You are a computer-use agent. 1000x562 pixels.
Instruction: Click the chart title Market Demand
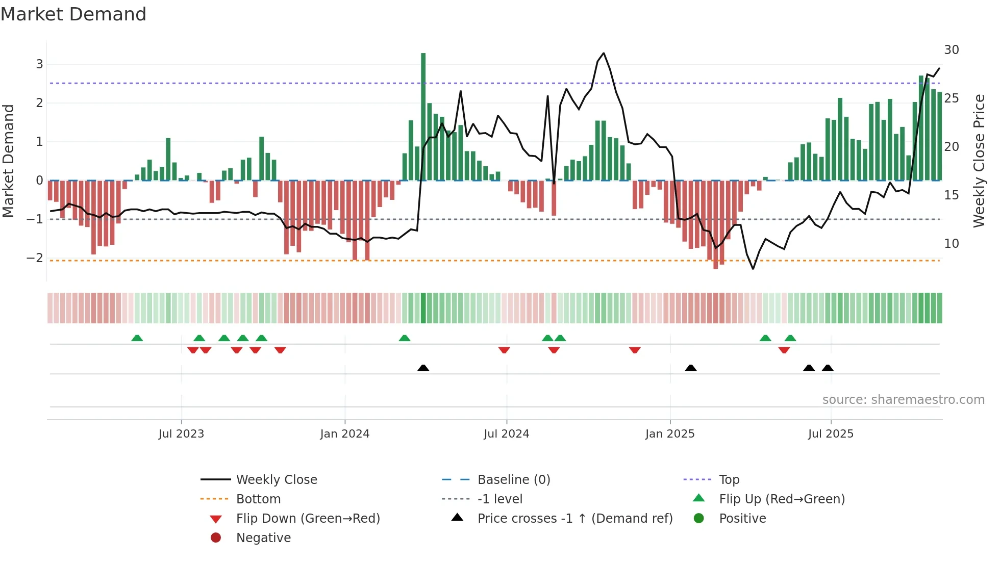point(73,14)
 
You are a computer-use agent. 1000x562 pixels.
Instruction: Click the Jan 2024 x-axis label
point(344,434)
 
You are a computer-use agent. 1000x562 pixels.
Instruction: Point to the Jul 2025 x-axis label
point(830,434)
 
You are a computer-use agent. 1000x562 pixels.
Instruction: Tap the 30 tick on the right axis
point(951,50)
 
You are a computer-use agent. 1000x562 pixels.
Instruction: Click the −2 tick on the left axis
point(35,258)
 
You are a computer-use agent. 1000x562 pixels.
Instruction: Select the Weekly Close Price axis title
point(979,161)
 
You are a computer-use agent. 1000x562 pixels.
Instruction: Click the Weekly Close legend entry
point(276,480)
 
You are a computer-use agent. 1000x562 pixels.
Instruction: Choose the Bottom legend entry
point(258,499)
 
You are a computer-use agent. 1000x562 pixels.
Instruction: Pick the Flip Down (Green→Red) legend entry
point(308,519)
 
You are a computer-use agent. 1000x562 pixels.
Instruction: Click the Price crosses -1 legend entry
point(574,519)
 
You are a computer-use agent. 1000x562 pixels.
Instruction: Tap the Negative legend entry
point(263,538)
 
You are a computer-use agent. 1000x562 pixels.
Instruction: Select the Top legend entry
point(729,480)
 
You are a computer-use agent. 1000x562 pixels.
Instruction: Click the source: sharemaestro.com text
point(903,400)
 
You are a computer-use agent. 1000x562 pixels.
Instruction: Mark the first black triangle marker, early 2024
point(423,368)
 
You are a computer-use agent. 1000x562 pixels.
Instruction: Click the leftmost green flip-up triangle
point(137,338)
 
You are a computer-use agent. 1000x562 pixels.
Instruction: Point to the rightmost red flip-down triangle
point(784,350)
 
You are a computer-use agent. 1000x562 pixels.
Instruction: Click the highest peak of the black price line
point(604,53)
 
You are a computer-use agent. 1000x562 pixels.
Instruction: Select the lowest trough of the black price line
point(753,269)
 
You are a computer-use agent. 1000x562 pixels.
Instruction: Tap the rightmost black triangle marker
point(828,368)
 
